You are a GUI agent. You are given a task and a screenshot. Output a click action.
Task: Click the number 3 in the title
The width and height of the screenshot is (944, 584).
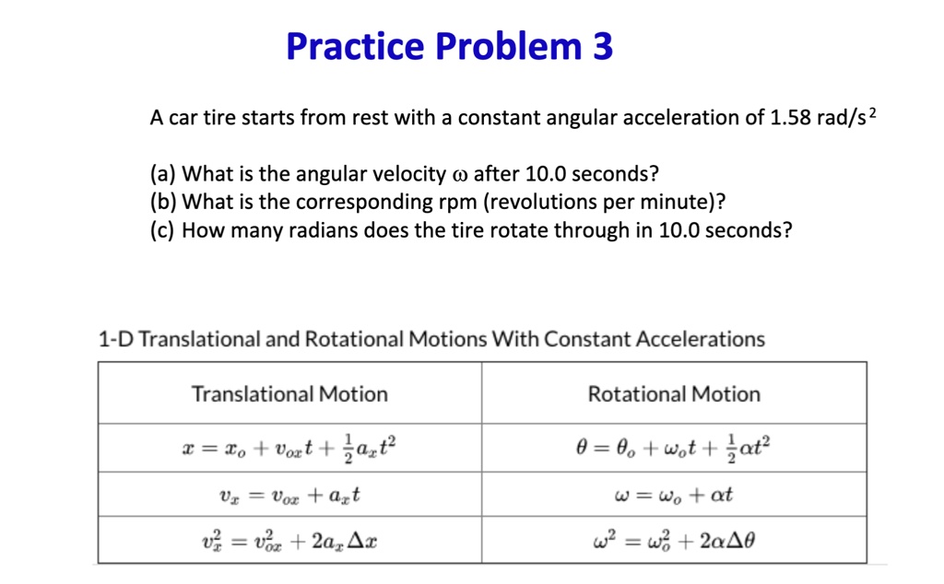[x=601, y=46]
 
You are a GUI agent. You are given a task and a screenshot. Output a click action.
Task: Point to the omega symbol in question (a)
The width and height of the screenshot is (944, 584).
[x=461, y=175]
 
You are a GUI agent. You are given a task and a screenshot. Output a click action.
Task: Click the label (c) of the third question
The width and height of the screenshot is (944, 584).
[x=163, y=230]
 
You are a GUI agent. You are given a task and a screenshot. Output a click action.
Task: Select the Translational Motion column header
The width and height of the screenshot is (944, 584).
[x=289, y=394]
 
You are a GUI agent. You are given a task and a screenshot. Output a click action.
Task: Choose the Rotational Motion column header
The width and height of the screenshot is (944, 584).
[x=674, y=394]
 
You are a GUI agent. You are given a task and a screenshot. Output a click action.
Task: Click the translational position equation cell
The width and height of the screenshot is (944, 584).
[x=289, y=449]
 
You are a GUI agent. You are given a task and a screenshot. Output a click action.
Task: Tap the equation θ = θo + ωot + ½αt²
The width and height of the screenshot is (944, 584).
[x=674, y=449]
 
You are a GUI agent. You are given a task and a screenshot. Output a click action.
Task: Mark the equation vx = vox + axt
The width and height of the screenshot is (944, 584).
[x=289, y=496]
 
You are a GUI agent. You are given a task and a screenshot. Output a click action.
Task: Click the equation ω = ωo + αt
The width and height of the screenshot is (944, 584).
[x=674, y=496]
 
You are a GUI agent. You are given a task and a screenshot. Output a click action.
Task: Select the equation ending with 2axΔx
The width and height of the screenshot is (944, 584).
[x=289, y=541]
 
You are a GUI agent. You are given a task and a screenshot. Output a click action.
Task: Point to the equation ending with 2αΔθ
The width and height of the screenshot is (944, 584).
[x=674, y=541]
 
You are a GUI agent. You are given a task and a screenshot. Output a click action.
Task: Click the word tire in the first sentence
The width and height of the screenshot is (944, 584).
[x=219, y=119]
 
